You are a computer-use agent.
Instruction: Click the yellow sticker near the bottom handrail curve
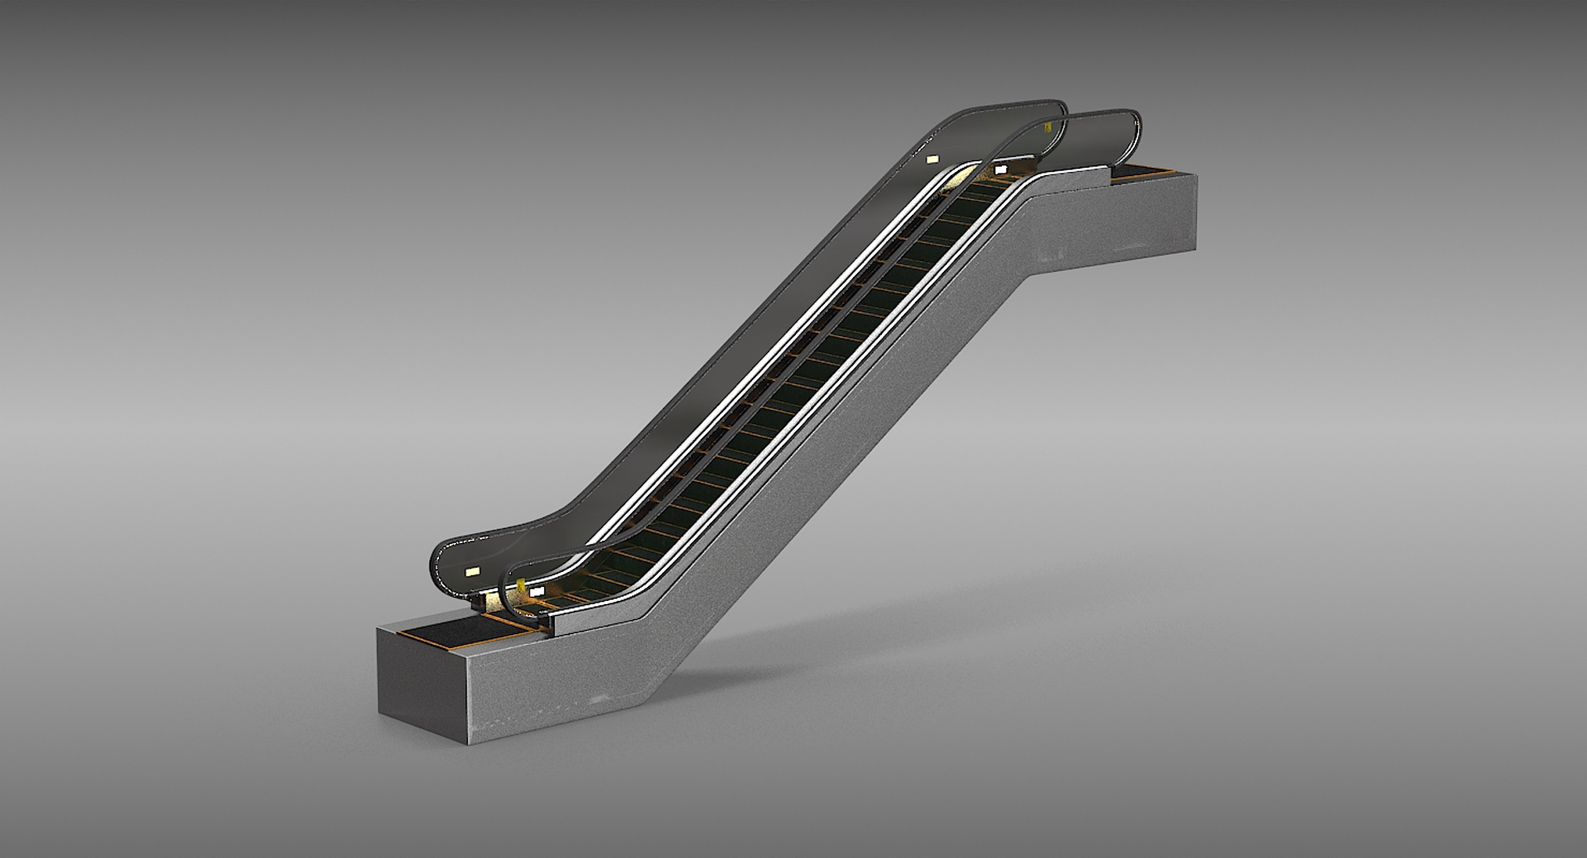click(x=522, y=585)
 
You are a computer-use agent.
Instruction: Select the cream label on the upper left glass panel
click(x=933, y=159)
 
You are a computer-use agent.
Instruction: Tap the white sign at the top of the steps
click(x=1001, y=169)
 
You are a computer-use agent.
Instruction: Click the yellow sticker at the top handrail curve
click(x=1048, y=127)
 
